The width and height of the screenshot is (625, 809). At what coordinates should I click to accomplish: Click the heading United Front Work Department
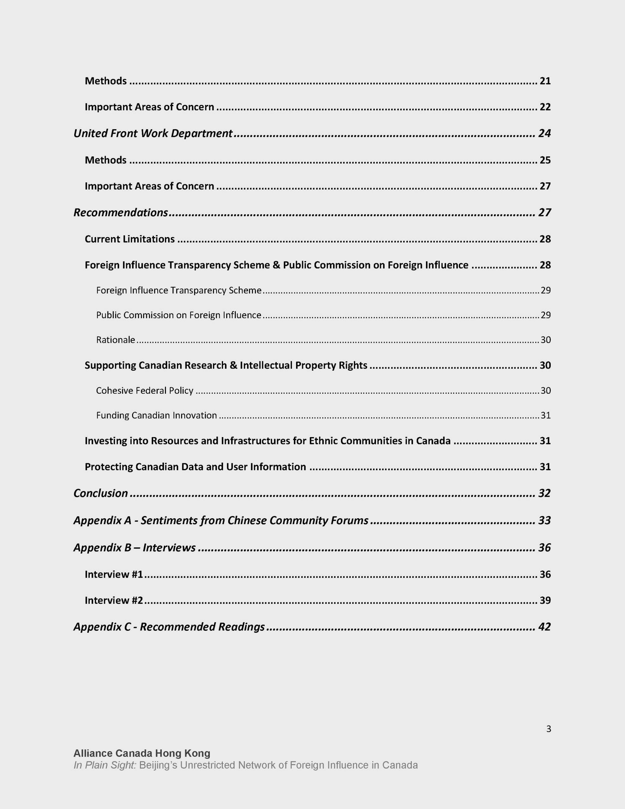click(153, 133)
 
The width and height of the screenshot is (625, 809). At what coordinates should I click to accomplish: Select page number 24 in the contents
click(544, 133)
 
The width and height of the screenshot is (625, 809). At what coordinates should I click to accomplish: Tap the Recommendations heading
click(121, 213)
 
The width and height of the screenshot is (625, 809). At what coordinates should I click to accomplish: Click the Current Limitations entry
click(130, 239)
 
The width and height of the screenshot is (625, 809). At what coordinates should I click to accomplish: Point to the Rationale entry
click(116, 340)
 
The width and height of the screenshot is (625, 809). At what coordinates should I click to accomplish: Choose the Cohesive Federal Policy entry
click(144, 390)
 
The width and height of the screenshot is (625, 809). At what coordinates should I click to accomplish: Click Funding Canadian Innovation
click(156, 415)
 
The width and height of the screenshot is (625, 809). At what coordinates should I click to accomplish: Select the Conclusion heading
click(101, 493)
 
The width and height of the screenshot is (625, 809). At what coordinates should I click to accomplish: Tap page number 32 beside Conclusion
click(544, 493)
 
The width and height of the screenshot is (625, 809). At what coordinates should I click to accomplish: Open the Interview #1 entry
click(114, 574)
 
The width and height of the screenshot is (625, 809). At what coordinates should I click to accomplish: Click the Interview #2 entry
click(114, 600)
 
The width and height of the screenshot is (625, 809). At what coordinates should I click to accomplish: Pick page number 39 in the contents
click(545, 600)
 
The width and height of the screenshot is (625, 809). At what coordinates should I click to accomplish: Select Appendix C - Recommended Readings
click(169, 627)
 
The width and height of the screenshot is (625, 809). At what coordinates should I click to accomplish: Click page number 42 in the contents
click(544, 627)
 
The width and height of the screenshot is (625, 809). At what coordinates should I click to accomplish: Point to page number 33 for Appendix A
click(544, 520)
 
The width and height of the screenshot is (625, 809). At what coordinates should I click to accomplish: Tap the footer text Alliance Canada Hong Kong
click(142, 753)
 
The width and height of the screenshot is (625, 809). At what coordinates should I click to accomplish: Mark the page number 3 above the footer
click(549, 729)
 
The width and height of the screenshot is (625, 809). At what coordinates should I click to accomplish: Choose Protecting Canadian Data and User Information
click(195, 467)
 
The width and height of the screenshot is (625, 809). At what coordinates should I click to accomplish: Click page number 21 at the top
click(545, 81)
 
